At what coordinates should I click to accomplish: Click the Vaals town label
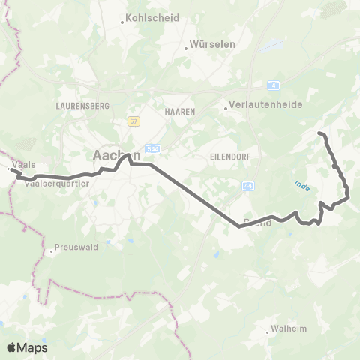click(24, 165)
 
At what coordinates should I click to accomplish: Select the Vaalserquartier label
click(58, 182)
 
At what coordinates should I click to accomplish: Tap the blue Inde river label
click(301, 184)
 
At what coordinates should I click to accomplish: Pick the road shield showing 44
click(248, 185)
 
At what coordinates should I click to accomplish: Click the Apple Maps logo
click(27, 347)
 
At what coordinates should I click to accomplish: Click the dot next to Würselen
click(187, 49)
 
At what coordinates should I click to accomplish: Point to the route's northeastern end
click(320, 133)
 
